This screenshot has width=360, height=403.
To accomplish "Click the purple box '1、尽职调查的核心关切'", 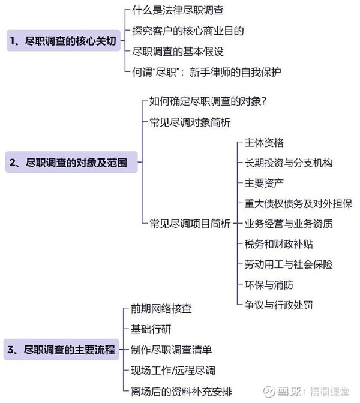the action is (x=64, y=41).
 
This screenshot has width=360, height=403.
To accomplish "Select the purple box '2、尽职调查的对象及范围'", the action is (x=71, y=162).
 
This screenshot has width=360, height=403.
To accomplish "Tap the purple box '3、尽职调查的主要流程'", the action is (x=61, y=350).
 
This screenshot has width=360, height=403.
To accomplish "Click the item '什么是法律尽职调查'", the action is (x=178, y=10).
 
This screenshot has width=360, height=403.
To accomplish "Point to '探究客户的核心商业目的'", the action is (x=188, y=31).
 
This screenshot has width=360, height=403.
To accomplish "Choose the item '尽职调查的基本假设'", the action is (x=178, y=52).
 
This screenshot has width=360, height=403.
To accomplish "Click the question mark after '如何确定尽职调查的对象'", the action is (x=263, y=101).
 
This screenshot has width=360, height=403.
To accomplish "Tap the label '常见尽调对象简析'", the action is (x=190, y=122).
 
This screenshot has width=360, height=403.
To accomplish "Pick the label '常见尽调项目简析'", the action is (x=190, y=224).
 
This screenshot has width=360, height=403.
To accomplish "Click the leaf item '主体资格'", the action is (x=264, y=143).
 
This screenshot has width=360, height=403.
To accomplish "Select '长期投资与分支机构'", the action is (x=289, y=163).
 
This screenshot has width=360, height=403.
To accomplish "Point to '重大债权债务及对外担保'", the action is (x=298, y=203).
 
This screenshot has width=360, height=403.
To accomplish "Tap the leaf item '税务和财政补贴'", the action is (x=279, y=244).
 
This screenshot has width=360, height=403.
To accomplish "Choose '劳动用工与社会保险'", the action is (x=289, y=264).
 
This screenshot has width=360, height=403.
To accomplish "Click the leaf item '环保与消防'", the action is (x=269, y=285).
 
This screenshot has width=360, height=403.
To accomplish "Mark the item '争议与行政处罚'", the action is (x=279, y=305).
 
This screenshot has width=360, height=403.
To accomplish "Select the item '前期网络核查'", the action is (x=161, y=308).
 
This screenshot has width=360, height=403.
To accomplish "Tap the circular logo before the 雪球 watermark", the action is (x=269, y=392).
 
